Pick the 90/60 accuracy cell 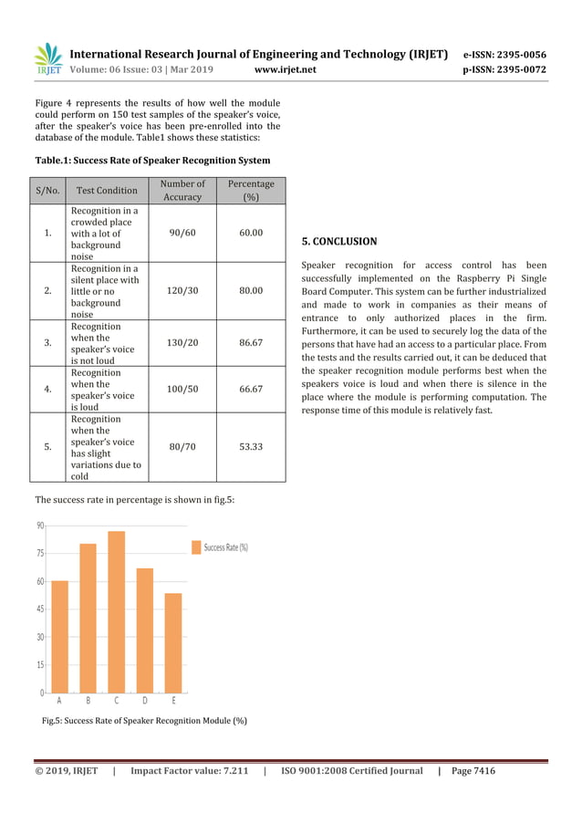(x=182, y=233)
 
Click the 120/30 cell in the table (x=182, y=290)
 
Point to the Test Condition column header (x=105, y=191)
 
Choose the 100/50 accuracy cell (x=182, y=389)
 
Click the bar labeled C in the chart (x=116, y=611)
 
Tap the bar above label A (x=59, y=636)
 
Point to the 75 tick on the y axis (x=39, y=553)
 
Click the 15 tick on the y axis (x=39, y=664)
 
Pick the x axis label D (x=145, y=702)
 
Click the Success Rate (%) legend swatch (x=195, y=547)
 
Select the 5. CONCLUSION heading (x=338, y=242)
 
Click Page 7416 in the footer (x=473, y=771)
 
